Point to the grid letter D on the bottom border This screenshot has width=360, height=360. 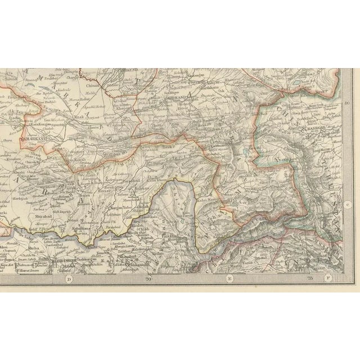69,278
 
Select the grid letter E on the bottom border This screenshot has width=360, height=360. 229,278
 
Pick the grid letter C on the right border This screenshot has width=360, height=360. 348,205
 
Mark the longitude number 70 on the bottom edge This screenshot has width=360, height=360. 148,278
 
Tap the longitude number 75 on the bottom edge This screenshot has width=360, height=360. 309,278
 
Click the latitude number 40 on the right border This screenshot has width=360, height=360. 348,102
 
